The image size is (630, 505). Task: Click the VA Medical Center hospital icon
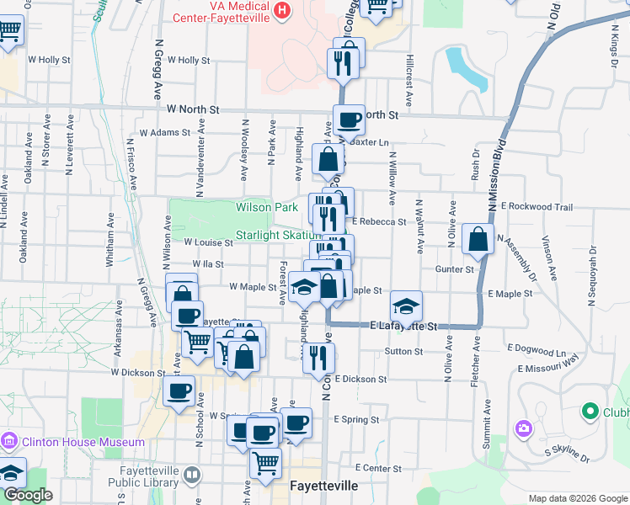tap(282, 11)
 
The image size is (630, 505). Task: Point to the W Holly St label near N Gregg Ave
tap(189, 61)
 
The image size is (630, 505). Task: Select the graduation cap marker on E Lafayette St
tap(406, 306)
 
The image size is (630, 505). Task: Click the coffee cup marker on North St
tap(348, 120)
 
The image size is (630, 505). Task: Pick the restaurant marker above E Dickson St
tap(318, 357)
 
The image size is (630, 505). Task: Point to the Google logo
tap(29, 495)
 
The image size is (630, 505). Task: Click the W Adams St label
tap(165, 133)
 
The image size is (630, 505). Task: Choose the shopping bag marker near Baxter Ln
tap(328, 158)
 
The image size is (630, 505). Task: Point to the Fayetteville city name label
tap(324, 486)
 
